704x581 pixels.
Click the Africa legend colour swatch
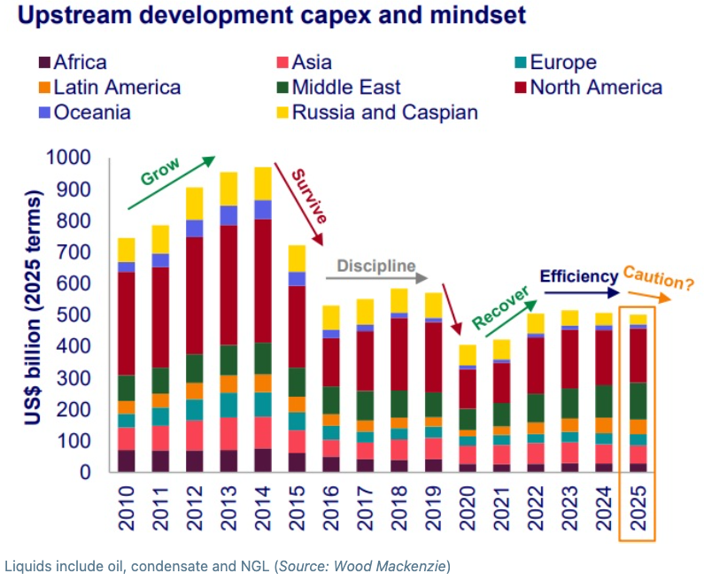click(x=43, y=63)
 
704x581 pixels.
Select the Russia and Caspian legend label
click(x=384, y=112)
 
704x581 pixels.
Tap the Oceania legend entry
click(x=92, y=112)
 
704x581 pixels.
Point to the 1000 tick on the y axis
click(x=74, y=158)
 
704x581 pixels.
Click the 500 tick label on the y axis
click(x=79, y=315)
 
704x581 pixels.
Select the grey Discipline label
click(x=375, y=265)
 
